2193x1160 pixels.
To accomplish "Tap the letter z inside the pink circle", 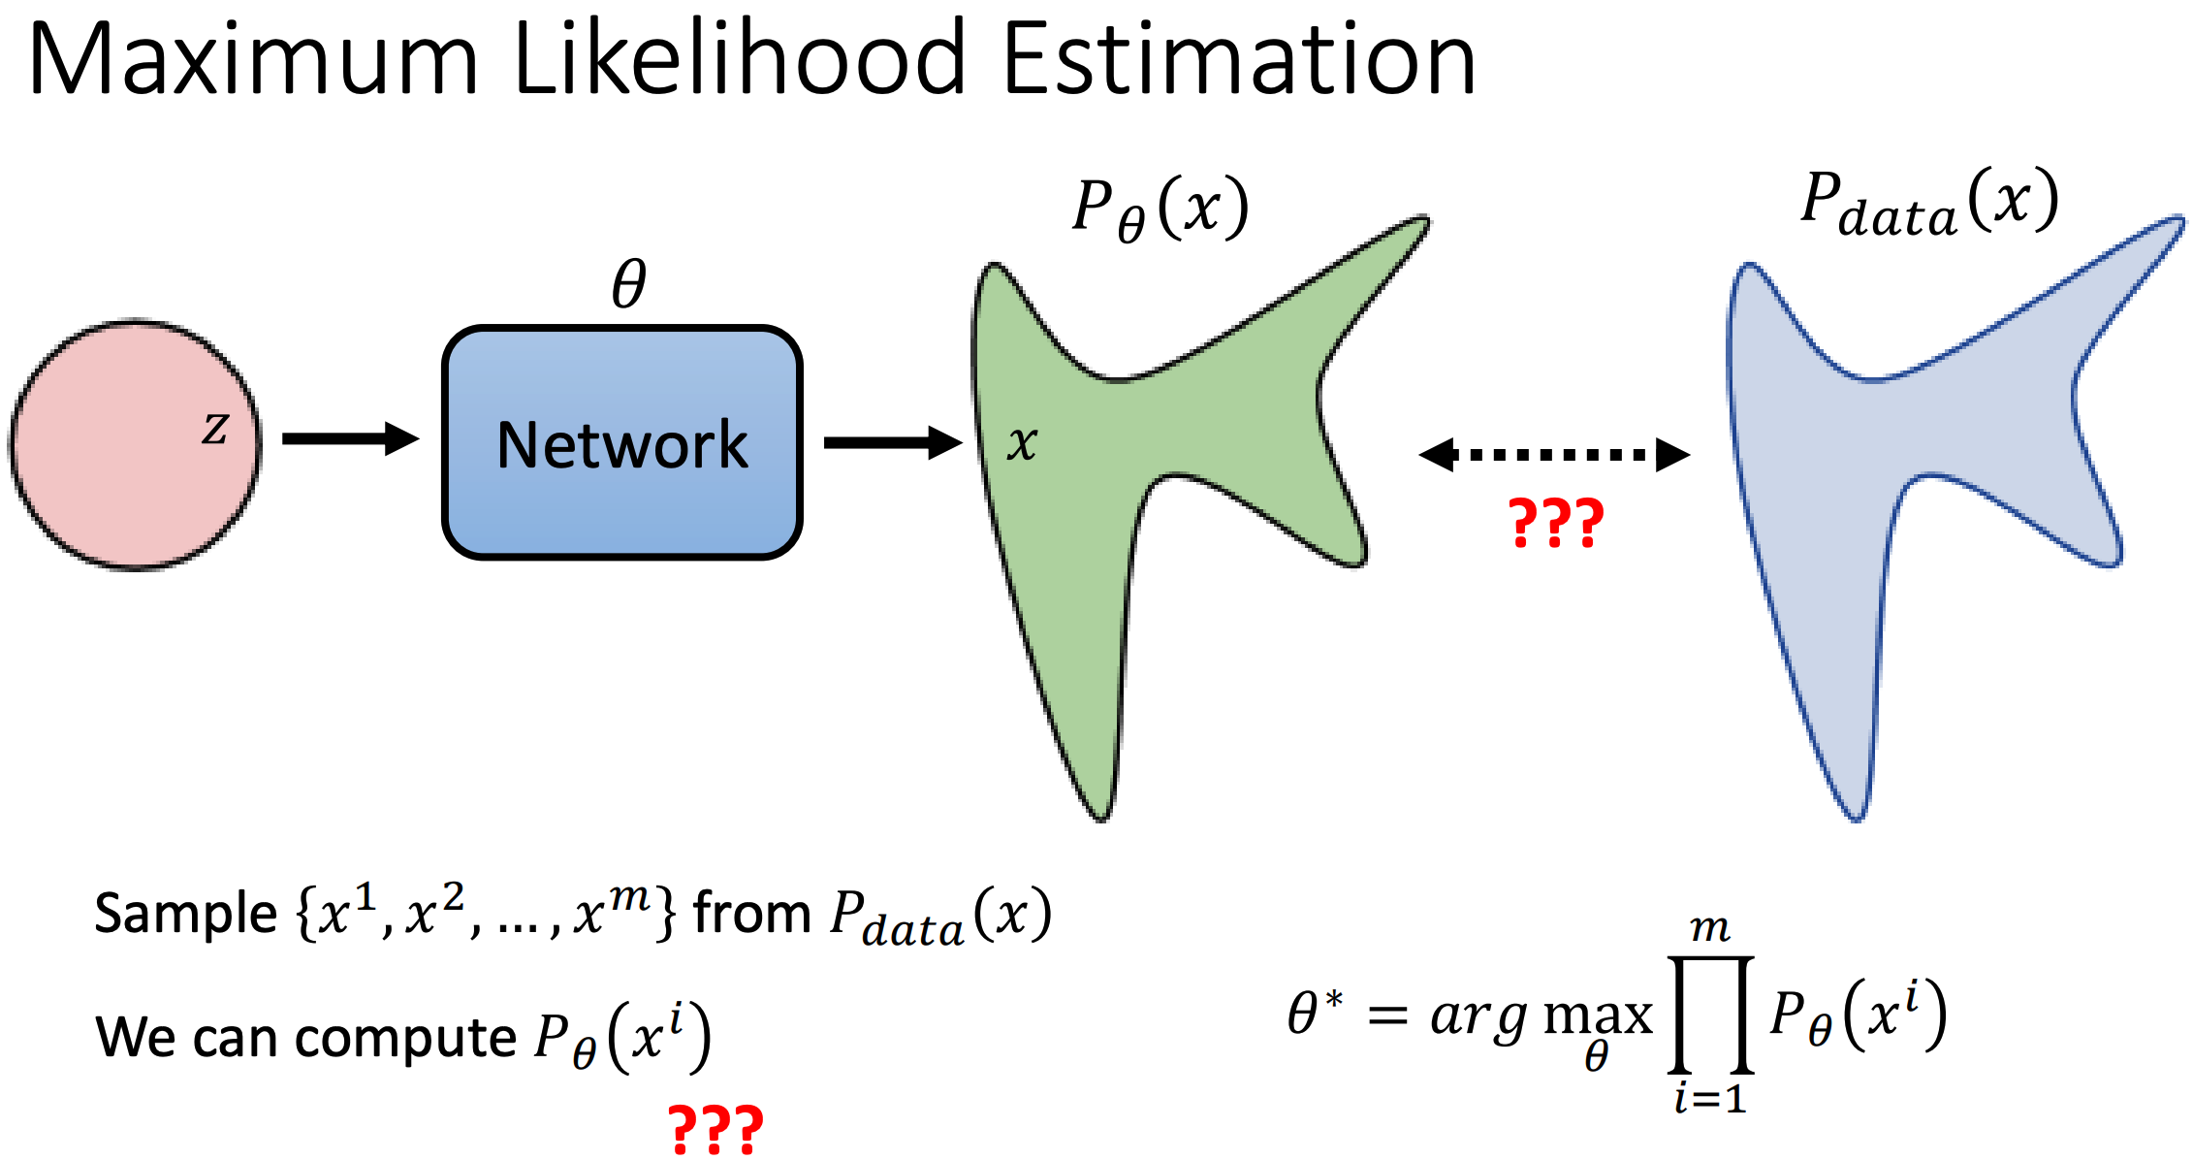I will (x=215, y=428).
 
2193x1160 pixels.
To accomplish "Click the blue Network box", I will (x=621, y=443).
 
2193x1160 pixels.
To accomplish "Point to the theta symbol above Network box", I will (x=628, y=284).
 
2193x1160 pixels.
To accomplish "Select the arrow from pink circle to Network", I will (x=349, y=438).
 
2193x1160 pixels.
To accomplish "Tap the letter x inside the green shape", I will (x=1022, y=443).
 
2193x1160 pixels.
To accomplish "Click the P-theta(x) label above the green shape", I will (x=1160, y=209).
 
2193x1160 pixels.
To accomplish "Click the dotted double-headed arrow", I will (x=1554, y=454).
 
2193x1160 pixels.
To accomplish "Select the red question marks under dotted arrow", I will (x=1556, y=524).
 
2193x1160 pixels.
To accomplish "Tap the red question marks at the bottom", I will (x=715, y=1130).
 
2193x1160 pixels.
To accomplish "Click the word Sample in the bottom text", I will (x=185, y=914).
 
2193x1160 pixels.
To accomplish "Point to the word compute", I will (x=405, y=1038).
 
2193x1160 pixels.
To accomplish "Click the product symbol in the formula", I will (x=1710, y=1014).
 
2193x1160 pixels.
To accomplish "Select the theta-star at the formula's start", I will (x=1314, y=1014).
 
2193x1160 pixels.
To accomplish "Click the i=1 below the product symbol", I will (x=1710, y=1099).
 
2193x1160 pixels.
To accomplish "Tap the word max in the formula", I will (x=1597, y=1016).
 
